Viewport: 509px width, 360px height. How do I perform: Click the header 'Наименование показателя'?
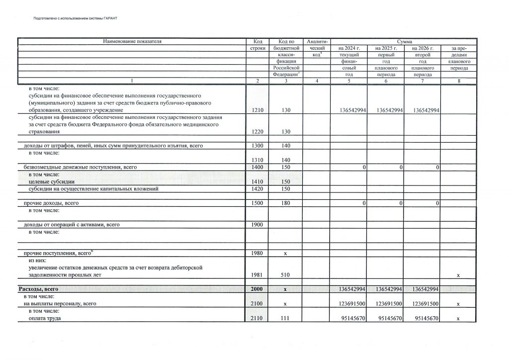[132, 42]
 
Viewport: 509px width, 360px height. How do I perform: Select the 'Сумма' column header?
[404, 42]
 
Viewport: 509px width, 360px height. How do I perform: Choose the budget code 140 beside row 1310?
[285, 160]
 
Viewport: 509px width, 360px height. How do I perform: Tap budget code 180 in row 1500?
[285, 203]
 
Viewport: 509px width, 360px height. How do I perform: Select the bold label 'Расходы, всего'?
[39, 289]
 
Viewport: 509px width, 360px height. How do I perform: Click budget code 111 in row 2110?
[285, 318]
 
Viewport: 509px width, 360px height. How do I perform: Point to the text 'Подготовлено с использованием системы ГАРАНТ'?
[74, 18]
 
